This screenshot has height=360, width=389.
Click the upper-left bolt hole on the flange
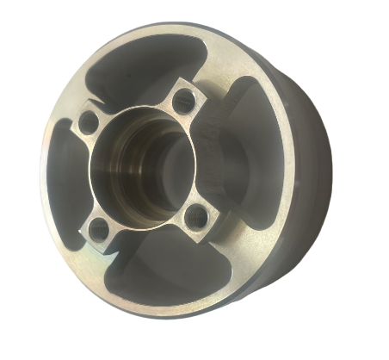(90, 123)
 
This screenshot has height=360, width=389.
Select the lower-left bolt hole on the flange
(100, 229)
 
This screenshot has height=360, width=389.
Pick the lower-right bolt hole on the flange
(198, 215)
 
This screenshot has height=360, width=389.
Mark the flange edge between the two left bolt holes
(86, 177)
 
